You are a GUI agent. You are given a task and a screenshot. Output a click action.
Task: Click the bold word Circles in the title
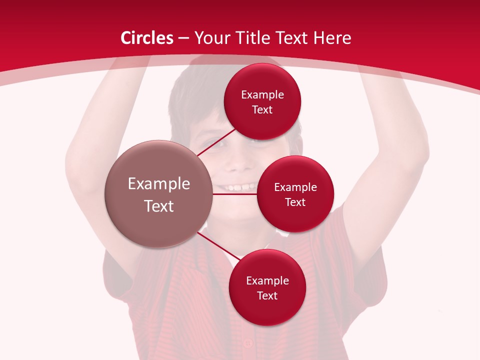pos(147,38)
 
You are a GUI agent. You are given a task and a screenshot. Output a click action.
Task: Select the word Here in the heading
pos(332,38)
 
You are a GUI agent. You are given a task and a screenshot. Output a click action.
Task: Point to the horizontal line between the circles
pos(234,194)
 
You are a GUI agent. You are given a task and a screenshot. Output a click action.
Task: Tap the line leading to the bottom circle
pos(219,246)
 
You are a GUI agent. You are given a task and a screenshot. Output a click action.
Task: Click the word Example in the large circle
pos(159,184)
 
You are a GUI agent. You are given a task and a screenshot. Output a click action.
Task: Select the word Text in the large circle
pos(159,206)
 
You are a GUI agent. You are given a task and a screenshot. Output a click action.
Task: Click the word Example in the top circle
pos(262,95)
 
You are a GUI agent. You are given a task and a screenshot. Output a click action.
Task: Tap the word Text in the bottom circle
pos(267,295)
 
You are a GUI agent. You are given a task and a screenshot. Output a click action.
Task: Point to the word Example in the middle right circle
pos(295,187)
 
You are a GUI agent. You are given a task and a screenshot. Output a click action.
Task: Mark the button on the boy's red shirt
pos(248,343)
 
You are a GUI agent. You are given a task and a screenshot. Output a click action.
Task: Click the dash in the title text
pos(183,38)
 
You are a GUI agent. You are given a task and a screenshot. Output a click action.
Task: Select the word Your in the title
pos(211,38)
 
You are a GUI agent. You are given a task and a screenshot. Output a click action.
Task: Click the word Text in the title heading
pos(293,38)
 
